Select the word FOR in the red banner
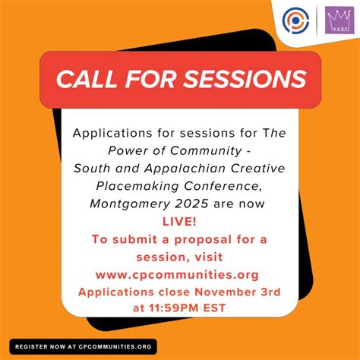coord(155,79)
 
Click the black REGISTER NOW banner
coord(84,346)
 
